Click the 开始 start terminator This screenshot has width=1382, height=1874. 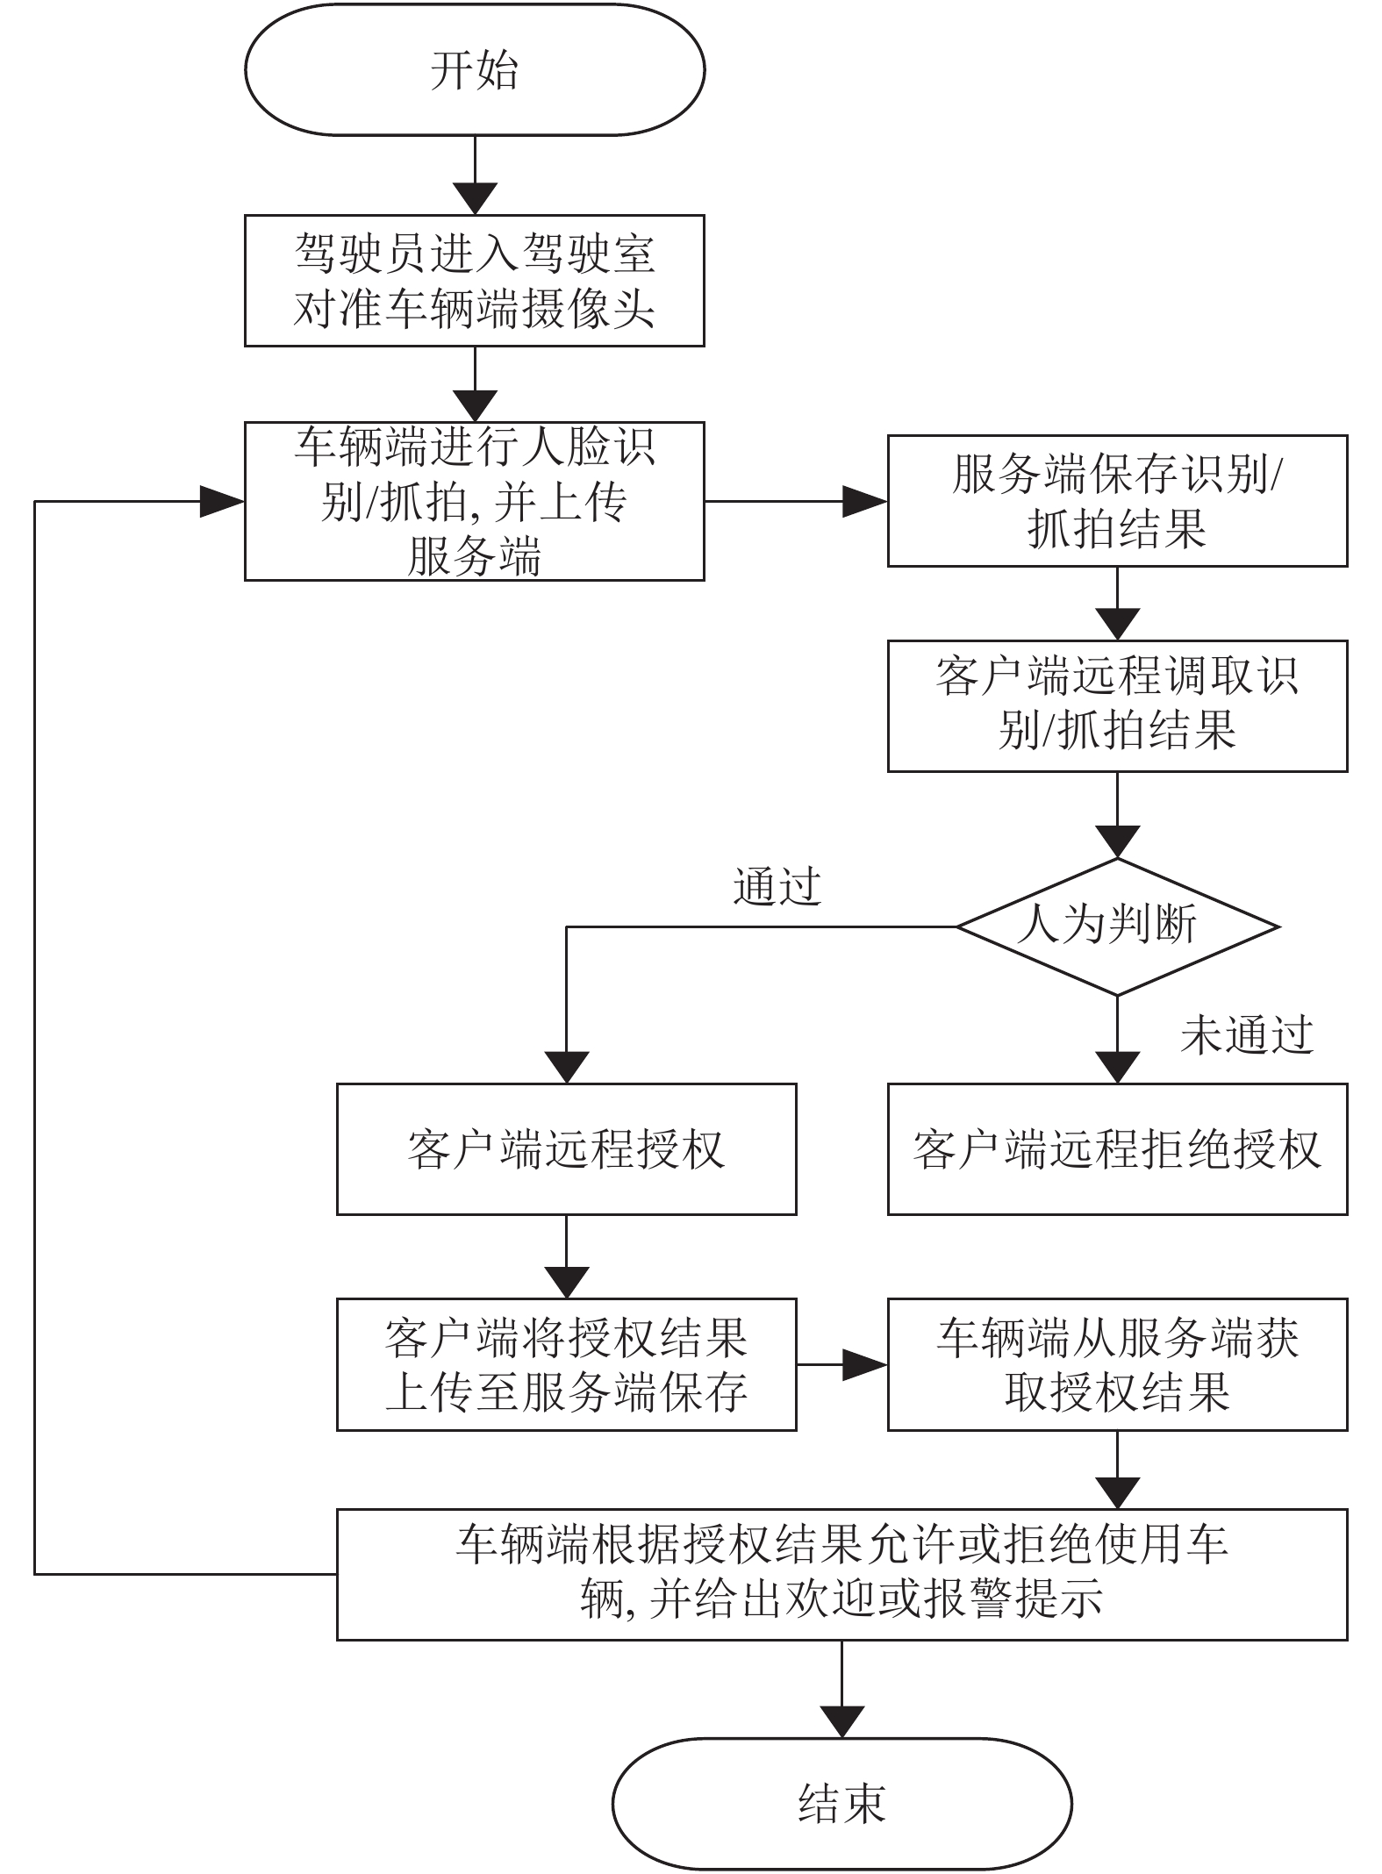[x=474, y=69]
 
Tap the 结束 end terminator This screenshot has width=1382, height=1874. [x=841, y=1804]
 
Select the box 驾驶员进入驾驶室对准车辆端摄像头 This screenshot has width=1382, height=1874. [x=474, y=281]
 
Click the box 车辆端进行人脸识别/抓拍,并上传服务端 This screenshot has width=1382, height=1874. [x=474, y=501]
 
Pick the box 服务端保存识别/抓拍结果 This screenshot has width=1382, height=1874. [x=1117, y=501]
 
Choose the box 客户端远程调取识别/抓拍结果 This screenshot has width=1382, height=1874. [x=1117, y=706]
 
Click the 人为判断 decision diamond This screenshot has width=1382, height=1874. [x=1117, y=926]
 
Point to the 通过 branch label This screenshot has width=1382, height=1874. [x=777, y=886]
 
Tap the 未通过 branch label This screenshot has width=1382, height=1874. [x=1247, y=1035]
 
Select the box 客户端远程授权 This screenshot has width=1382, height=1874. [x=566, y=1149]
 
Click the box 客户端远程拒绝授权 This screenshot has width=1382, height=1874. [x=1117, y=1149]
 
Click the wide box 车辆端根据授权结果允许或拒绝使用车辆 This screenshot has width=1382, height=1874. [x=841, y=1575]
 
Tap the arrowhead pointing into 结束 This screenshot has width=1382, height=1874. [x=841, y=1722]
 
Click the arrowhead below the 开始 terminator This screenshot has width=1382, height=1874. [x=474, y=199]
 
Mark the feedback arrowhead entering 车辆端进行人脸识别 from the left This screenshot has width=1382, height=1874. [x=222, y=501]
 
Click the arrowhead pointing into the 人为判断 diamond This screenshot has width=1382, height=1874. [x=1117, y=842]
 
